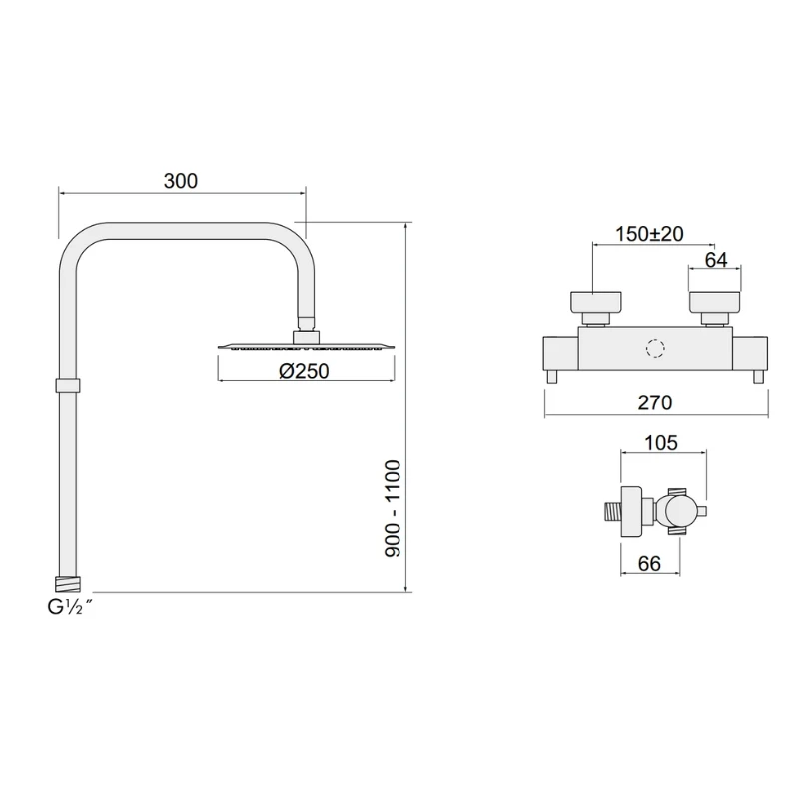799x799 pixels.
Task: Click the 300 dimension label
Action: tap(181, 181)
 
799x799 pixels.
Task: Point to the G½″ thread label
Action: tap(67, 606)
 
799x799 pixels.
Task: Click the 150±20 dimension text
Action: tap(649, 234)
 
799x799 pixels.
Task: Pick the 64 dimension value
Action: tap(716, 260)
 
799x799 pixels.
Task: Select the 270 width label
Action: tap(655, 402)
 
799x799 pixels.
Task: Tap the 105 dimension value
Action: tap(662, 442)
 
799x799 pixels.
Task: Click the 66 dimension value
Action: tap(649, 564)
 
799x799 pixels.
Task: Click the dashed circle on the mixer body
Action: tap(655, 349)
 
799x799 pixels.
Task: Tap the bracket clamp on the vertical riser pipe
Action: tap(67, 386)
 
